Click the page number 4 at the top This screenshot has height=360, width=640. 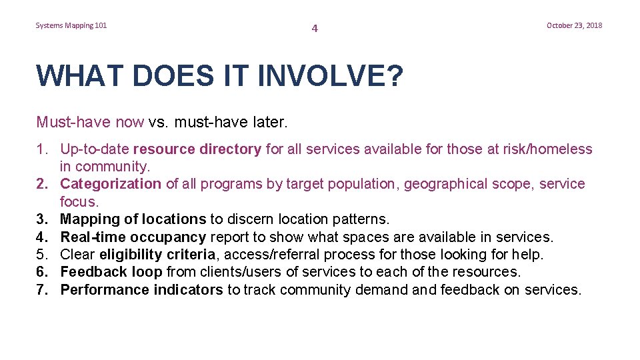click(315, 29)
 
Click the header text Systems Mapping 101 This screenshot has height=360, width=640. click(71, 25)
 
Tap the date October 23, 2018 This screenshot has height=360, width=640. click(574, 25)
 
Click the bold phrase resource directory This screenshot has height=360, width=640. click(197, 149)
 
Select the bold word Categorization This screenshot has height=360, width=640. click(111, 184)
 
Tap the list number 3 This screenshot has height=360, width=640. click(42, 219)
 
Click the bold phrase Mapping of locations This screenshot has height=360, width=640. click(133, 219)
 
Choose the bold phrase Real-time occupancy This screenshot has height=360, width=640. click(133, 237)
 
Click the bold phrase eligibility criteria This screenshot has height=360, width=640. click(157, 254)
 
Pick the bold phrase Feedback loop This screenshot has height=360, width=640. click(111, 272)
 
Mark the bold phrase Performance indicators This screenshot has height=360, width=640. click(141, 289)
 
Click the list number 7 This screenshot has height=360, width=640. click(42, 289)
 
